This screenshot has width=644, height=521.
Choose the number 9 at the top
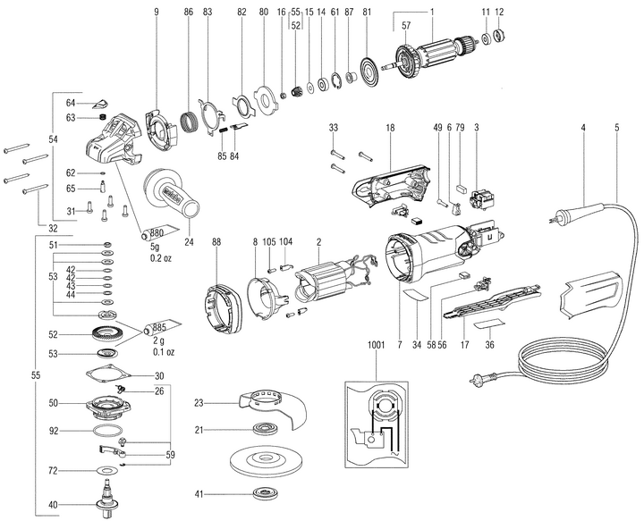[155, 11]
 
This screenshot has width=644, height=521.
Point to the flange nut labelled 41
[266, 493]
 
